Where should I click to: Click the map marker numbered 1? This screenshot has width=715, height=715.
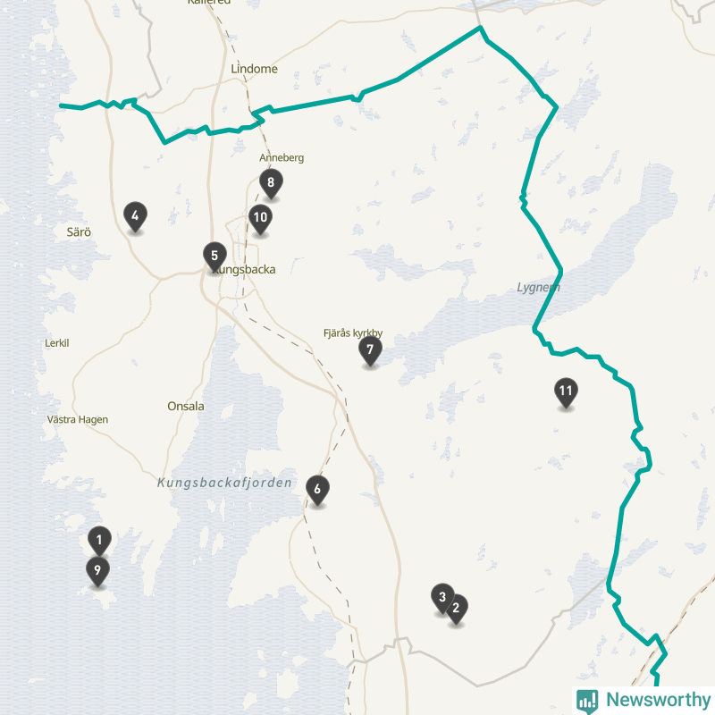pyautogui.click(x=99, y=540)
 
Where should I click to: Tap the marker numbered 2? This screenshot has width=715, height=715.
pyautogui.click(x=456, y=609)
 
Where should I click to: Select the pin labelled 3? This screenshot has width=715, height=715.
pyautogui.click(x=442, y=597)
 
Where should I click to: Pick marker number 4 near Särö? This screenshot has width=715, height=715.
pyautogui.click(x=135, y=215)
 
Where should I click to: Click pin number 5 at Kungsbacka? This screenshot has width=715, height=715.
pyautogui.click(x=214, y=256)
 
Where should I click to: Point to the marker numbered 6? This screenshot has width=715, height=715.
pyautogui.click(x=316, y=489)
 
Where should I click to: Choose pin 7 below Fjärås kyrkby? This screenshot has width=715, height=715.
pyautogui.click(x=370, y=349)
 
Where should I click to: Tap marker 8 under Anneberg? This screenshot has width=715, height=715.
pyautogui.click(x=270, y=183)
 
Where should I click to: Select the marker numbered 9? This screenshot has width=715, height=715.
pyautogui.click(x=98, y=569)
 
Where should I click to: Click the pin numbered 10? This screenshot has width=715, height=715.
pyautogui.click(x=260, y=217)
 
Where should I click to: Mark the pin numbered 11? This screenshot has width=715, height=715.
pyautogui.click(x=565, y=391)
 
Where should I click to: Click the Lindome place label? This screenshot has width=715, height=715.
pyautogui.click(x=254, y=69)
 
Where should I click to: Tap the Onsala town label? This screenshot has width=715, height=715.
pyautogui.click(x=186, y=406)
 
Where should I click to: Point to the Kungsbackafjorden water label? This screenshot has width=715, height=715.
pyautogui.click(x=224, y=483)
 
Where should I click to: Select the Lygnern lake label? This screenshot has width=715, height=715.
pyautogui.click(x=538, y=287)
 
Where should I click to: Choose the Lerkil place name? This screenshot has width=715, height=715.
pyautogui.click(x=56, y=343)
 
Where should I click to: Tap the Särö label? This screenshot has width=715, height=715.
pyautogui.click(x=80, y=231)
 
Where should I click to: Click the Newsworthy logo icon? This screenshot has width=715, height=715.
pyautogui.click(x=587, y=700)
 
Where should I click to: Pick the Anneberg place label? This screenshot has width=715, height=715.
pyautogui.click(x=282, y=158)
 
